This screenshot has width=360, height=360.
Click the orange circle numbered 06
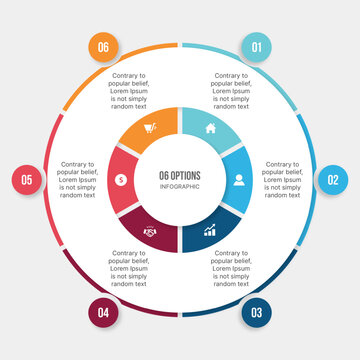[x=104, y=47]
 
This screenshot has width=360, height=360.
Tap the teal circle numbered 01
[x=256, y=47]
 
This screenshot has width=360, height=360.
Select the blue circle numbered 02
[x=333, y=180]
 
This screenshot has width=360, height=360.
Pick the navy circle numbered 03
[x=256, y=312]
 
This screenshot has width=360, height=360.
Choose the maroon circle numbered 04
[x=104, y=312]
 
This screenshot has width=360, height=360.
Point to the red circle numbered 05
[x=27, y=180]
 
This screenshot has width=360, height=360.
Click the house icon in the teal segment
[x=210, y=128]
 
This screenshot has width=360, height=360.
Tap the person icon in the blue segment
[x=239, y=180]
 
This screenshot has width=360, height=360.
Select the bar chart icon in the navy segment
[x=210, y=231]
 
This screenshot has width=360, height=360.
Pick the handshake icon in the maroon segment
[x=150, y=231]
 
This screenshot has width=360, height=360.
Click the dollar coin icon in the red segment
[x=121, y=180]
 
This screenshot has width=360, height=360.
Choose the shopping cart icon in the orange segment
[x=150, y=128]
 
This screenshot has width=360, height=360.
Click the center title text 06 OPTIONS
[x=180, y=175]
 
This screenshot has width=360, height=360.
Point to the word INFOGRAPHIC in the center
[x=180, y=187]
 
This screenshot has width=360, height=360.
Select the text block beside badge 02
[x=283, y=180]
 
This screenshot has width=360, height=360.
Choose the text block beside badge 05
[x=78, y=180]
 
